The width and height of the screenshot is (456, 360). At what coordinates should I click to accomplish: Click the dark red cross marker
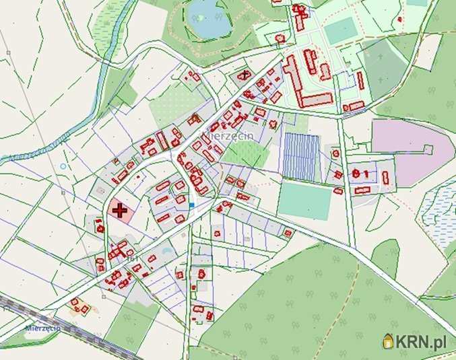[x=120, y=210]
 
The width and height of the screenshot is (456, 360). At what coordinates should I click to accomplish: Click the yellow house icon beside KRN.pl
[x=389, y=342]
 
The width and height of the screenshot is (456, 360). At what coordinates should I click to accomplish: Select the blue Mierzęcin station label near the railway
[x=43, y=328]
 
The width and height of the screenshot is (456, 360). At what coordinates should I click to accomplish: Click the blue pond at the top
[x=208, y=20]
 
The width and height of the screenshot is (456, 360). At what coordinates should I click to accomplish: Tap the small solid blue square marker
[x=191, y=205]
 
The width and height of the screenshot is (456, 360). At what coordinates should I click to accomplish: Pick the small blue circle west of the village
[x=63, y=166]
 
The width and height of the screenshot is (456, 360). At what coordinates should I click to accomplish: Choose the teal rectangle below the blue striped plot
[x=304, y=201]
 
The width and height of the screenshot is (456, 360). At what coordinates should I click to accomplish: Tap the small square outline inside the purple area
[x=426, y=148]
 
